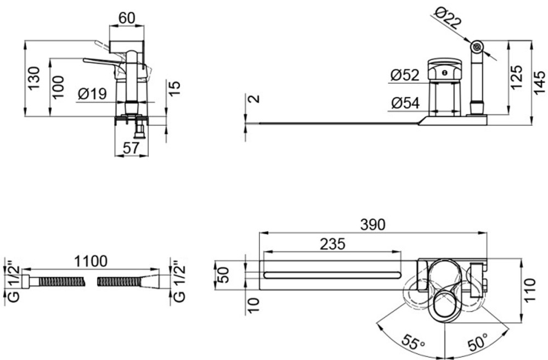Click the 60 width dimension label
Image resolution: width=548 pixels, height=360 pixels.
click(x=127, y=18)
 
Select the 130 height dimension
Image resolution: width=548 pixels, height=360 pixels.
click(x=34, y=78)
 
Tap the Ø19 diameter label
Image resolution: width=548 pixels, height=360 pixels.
click(x=92, y=94)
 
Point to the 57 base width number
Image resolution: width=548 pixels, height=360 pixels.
click(x=132, y=148)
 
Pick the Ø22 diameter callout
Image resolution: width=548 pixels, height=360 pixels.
click(x=448, y=19)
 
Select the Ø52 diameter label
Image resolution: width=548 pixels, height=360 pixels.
click(x=405, y=75)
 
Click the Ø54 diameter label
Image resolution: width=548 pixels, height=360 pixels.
click(x=405, y=103)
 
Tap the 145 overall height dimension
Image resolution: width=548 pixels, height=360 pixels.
click(x=539, y=82)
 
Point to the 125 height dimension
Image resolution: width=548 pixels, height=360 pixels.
click(x=516, y=77)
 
